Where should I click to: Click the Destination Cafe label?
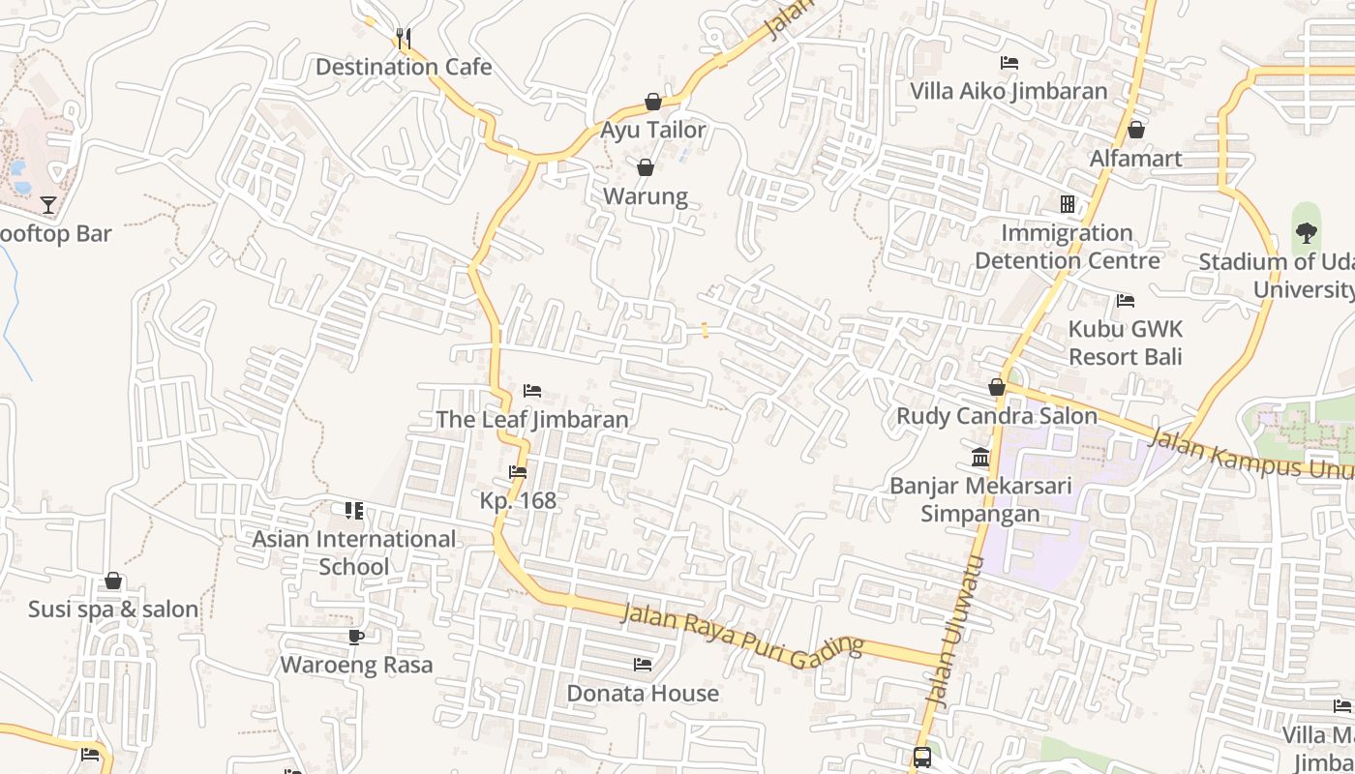(x=404, y=67)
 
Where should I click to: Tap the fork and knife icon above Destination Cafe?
(x=404, y=39)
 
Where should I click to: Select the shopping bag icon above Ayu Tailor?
(x=653, y=102)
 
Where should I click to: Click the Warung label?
(x=646, y=196)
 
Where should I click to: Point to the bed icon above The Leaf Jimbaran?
(x=531, y=391)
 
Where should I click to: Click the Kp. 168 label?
(x=519, y=500)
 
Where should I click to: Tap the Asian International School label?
(x=354, y=552)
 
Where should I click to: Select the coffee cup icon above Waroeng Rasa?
(x=356, y=637)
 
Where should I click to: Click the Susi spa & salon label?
(x=113, y=610)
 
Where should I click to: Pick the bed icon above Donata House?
(x=642, y=665)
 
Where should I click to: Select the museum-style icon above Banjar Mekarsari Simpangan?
(x=980, y=457)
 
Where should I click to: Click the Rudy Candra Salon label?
(x=997, y=416)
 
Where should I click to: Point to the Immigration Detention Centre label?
(x=1067, y=247)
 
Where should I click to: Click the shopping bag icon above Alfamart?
(x=1136, y=130)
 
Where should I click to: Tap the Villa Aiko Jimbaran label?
(x=1009, y=91)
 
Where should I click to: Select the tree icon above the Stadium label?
(x=1306, y=232)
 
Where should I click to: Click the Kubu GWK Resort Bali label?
(x=1126, y=342)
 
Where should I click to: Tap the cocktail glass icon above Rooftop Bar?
(x=48, y=205)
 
